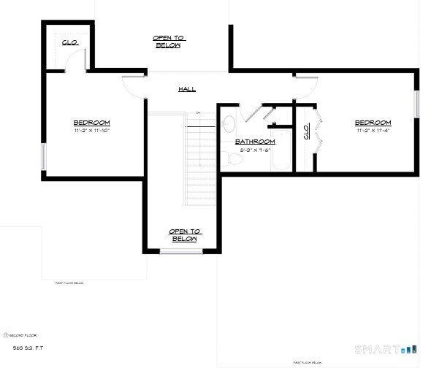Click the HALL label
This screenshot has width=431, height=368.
coord(186,89)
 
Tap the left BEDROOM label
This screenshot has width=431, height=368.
coord(91,122)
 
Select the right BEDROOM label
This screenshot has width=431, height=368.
coord(373,123)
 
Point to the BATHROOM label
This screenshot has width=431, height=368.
coord(254,141)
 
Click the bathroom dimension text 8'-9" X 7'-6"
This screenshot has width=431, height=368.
coord(254,150)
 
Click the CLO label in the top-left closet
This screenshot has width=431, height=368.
coord(69,42)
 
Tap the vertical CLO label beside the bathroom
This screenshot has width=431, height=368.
coord(305,132)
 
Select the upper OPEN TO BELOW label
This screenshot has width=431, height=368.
coord(167,41)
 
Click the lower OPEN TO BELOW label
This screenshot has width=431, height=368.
coord(184,235)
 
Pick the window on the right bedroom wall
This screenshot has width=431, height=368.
coord(417,103)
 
